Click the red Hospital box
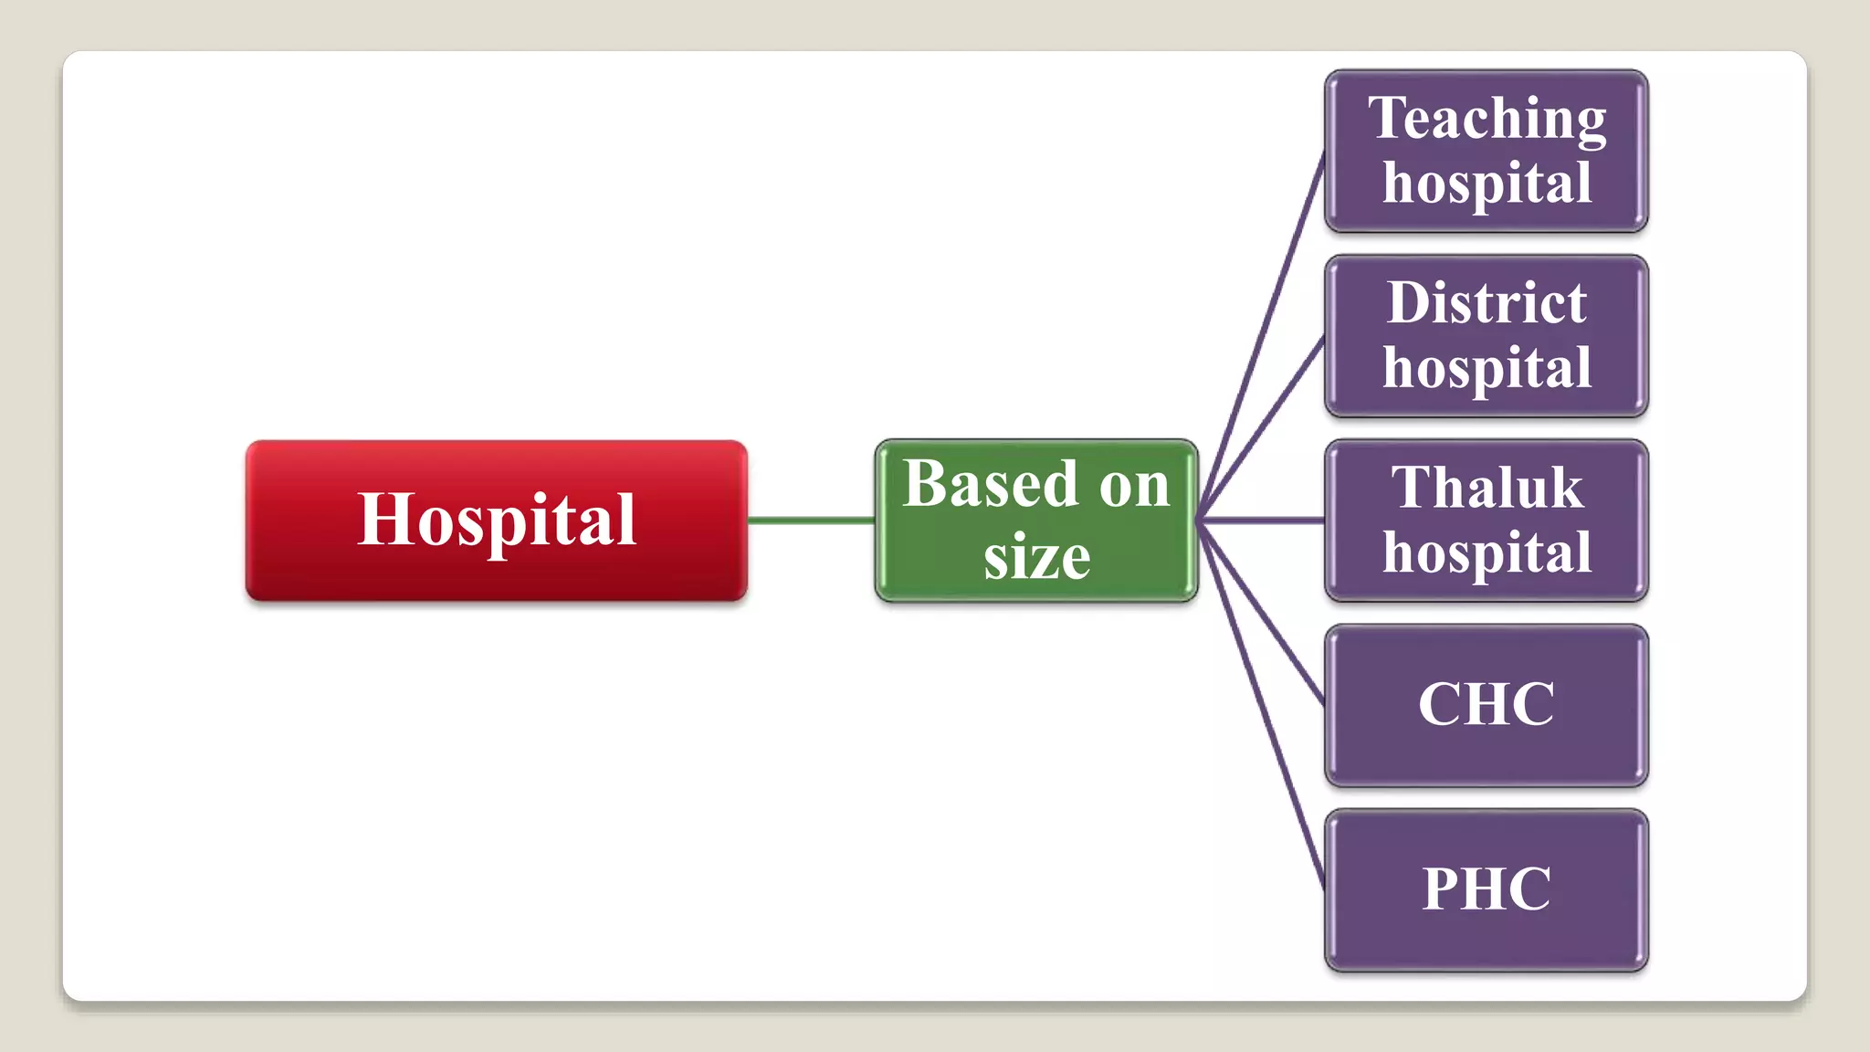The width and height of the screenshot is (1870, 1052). [496, 521]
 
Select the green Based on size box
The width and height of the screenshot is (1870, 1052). [1035, 521]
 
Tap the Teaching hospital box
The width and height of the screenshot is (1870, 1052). [1486, 151]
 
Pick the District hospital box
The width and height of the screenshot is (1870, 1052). [1486, 336]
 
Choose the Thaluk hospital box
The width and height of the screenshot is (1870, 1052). [1486, 521]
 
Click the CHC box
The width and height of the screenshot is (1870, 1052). [1486, 705]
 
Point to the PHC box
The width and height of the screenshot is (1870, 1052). [1486, 889]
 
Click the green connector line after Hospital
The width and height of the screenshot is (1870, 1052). [811, 521]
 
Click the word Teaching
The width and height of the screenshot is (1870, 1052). [1487, 119]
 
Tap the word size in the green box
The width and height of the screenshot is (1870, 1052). [1036, 556]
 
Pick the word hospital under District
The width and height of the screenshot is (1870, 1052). [1487, 368]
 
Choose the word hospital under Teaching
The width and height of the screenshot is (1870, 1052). [1487, 184]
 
